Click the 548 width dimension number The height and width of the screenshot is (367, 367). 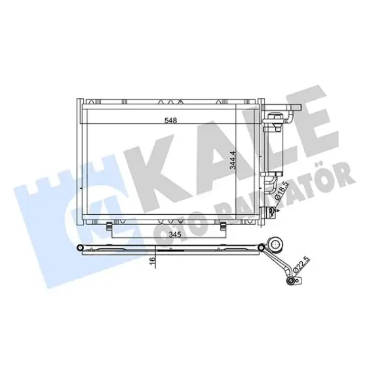point(170,121)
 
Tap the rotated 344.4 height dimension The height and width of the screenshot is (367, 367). point(233,160)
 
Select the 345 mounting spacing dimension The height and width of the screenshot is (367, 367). point(175,235)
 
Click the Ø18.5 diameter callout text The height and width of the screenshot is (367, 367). point(281,191)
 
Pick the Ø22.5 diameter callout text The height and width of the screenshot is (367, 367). point(301,264)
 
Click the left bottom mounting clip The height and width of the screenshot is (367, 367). point(109,226)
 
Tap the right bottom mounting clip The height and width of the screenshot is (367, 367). point(223,226)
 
